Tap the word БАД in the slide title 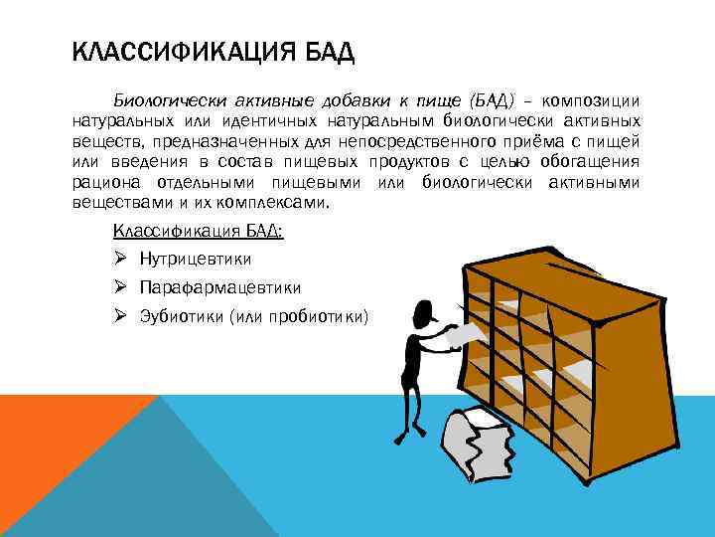pyautogui.click(x=326, y=51)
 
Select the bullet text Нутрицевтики pyautogui.click(x=196, y=259)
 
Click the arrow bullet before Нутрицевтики pyautogui.click(x=119, y=259)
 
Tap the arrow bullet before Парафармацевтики pyautogui.click(x=119, y=287)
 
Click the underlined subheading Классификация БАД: pyautogui.click(x=198, y=231)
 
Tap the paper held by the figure pyautogui.click(x=458, y=338)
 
